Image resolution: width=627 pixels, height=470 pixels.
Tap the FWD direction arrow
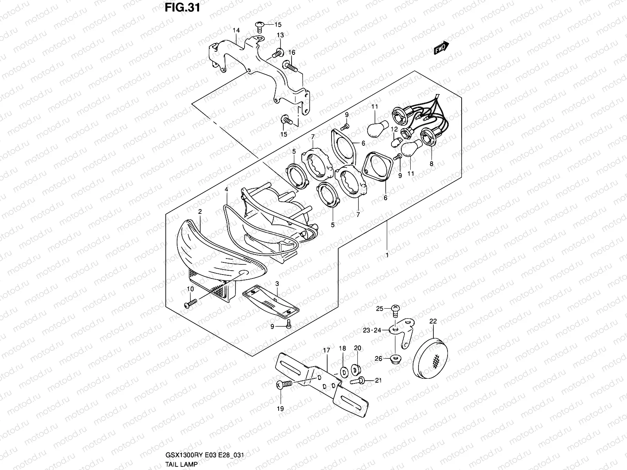click(x=442, y=47)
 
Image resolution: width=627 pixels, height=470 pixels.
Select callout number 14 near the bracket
click(x=236, y=30)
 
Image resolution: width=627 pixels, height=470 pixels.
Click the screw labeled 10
click(x=190, y=304)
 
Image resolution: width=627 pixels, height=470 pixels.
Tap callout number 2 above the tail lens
click(x=200, y=211)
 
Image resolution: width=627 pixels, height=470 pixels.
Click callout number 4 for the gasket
click(x=227, y=190)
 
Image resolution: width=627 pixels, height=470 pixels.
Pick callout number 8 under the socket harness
click(x=431, y=164)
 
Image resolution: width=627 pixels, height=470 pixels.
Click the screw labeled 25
click(x=395, y=310)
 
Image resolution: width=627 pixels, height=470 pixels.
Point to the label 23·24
click(x=372, y=330)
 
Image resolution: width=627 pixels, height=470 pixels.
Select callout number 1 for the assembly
click(x=387, y=255)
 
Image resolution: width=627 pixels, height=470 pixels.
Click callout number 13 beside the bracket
click(x=280, y=35)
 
